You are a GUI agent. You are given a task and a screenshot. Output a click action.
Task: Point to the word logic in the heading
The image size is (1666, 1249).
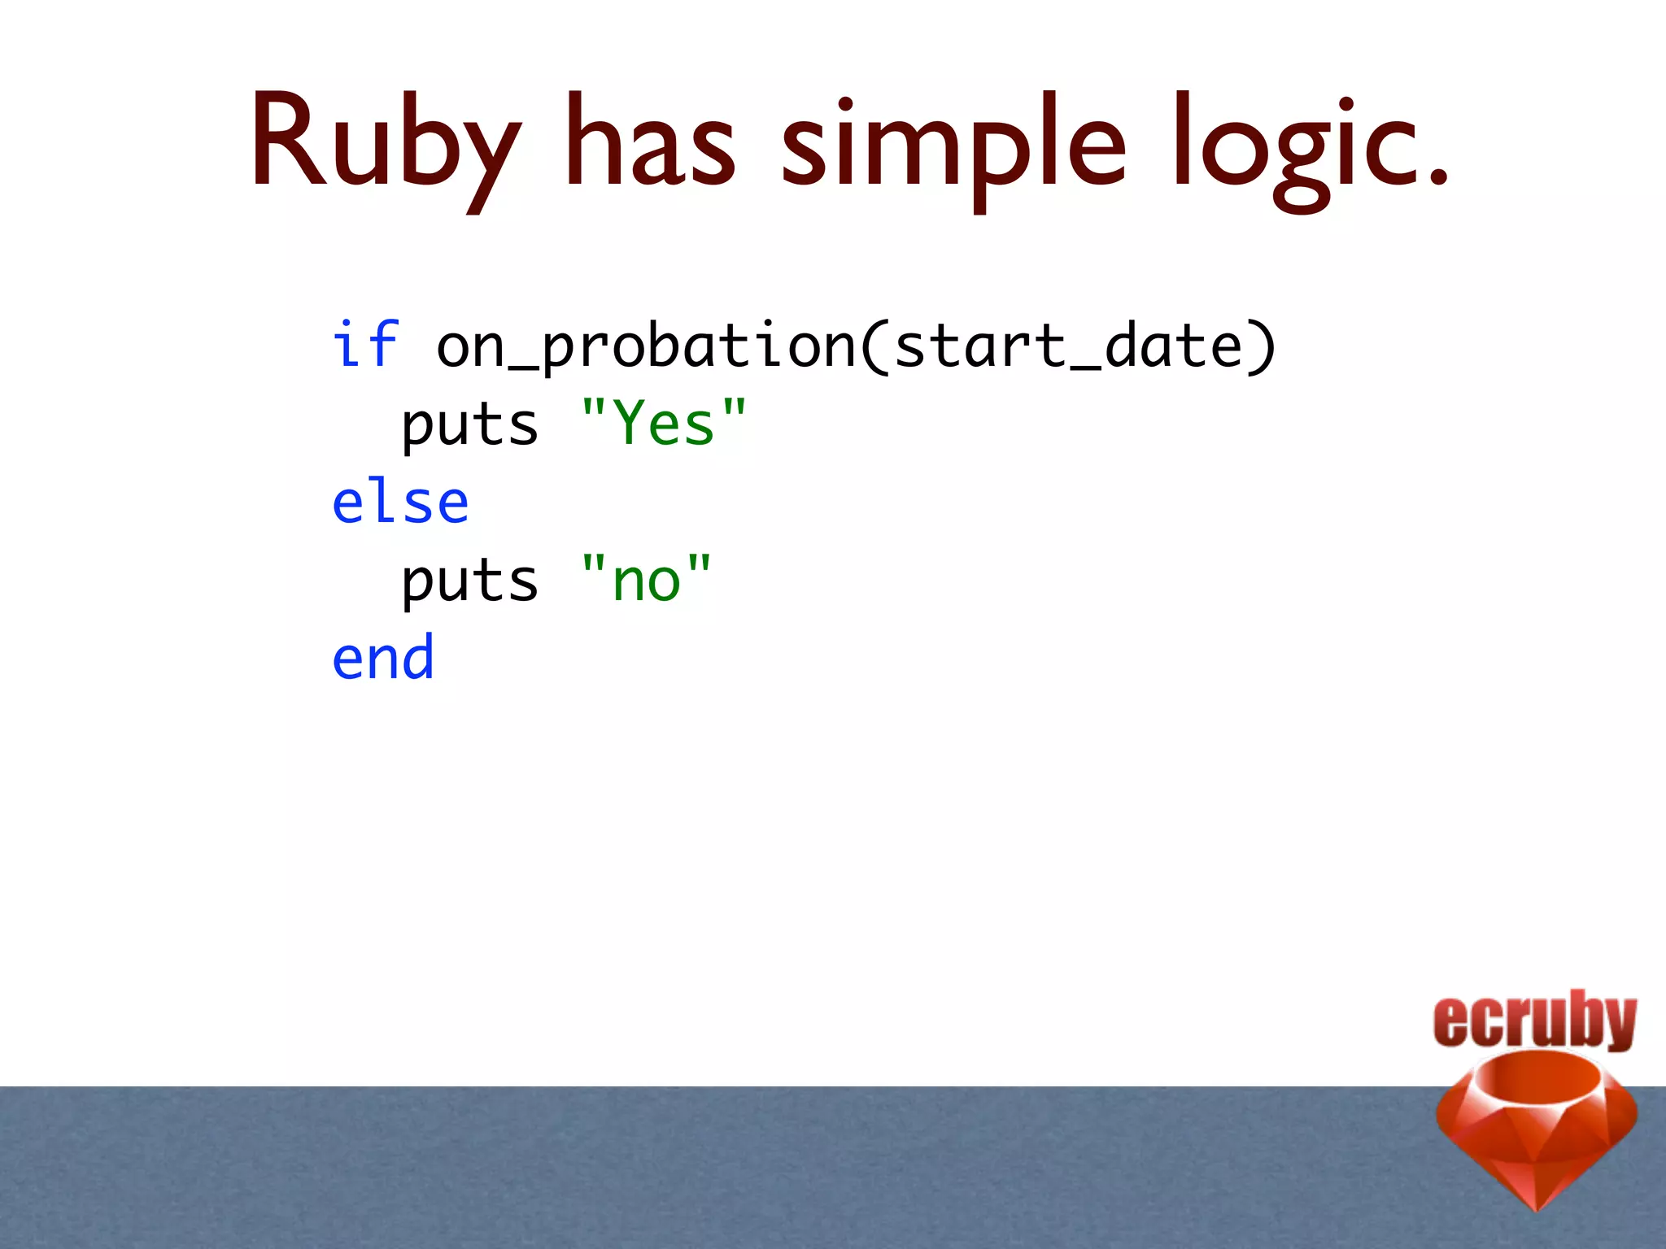pos(1293,146)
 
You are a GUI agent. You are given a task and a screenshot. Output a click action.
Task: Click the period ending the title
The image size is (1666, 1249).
pos(1438,177)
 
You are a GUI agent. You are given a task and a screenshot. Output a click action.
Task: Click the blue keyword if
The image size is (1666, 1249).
pos(365,345)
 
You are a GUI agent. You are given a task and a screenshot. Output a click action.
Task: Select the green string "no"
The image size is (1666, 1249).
pos(647,579)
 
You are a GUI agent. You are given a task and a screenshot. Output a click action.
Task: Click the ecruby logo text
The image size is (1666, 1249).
pos(1534,1020)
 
